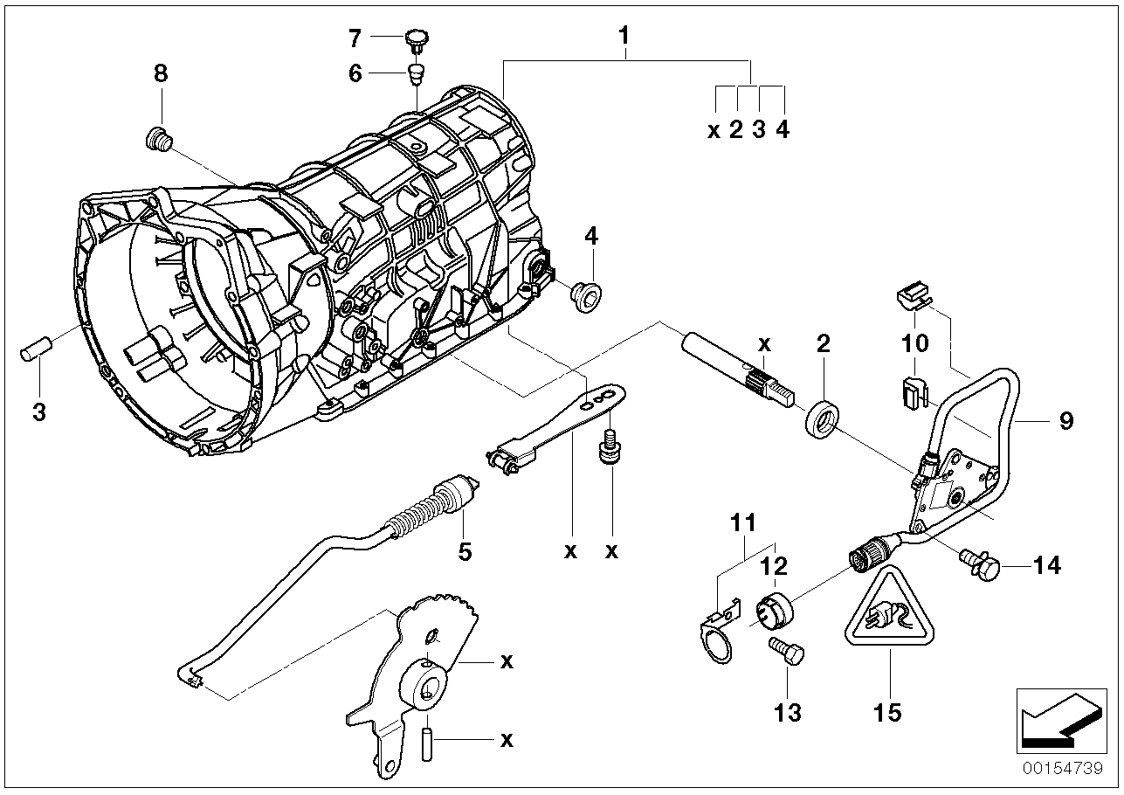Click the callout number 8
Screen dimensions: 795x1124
pyautogui.click(x=160, y=75)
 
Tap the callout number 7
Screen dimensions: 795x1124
pyautogui.click(x=355, y=38)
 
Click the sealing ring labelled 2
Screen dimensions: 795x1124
pyautogui.click(x=822, y=418)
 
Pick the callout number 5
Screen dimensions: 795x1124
pyautogui.click(x=465, y=552)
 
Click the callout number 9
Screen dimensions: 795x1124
pyautogui.click(x=1065, y=422)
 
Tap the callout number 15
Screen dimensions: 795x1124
pyautogui.click(x=887, y=712)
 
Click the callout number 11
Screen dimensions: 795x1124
pyautogui.click(x=742, y=523)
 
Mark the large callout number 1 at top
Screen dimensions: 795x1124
pyautogui.click(x=624, y=37)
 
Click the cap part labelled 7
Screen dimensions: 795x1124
pyautogui.click(x=417, y=38)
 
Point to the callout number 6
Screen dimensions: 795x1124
pyautogui.click(x=355, y=73)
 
